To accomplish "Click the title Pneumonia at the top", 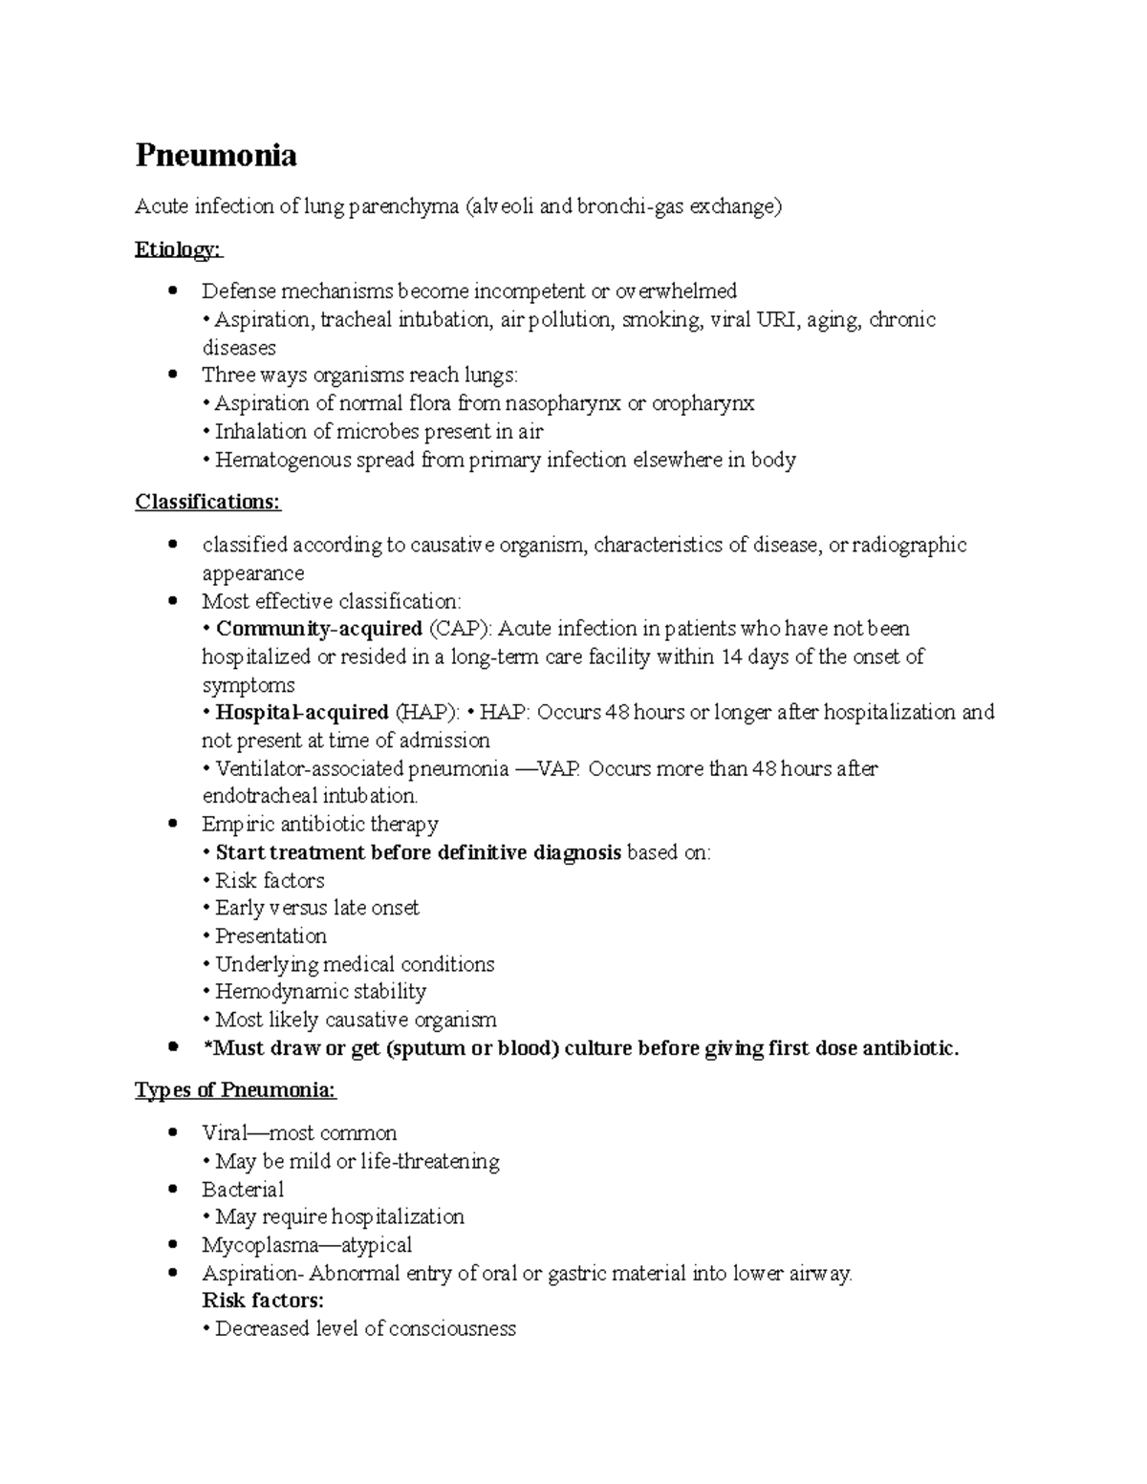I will [216, 155].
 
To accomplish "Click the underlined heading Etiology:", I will [178, 249].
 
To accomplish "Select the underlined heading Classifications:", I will [207, 502].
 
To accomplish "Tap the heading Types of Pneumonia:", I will [235, 1090].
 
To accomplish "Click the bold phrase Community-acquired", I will [318, 629].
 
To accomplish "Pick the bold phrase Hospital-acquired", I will [301, 712].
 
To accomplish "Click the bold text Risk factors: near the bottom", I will [263, 1300].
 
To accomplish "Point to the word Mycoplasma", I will [257, 1244].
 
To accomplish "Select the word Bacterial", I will [243, 1189].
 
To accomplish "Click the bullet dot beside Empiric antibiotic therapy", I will [172, 824].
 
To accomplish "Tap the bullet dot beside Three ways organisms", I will [172, 376].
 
